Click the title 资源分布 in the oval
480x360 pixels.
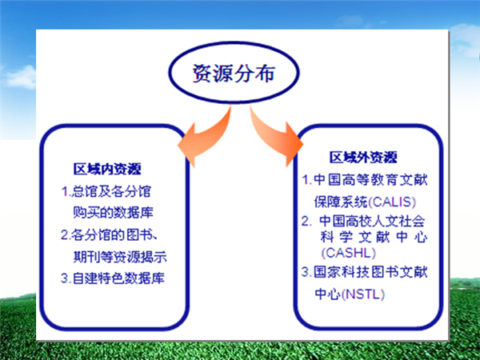(x=234, y=73)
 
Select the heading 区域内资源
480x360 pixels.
(x=107, y=169)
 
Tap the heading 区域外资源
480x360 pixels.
(x=363, y=158)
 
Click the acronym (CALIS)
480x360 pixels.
(x=392, y=202)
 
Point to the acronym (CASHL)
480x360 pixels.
(x=349, y=253)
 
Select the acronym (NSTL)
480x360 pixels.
(x=362, y=294)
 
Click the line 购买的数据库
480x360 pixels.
(x=113, y=213)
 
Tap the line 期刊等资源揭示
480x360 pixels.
(x=120, y=257)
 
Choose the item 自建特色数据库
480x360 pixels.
(x=118, y=278)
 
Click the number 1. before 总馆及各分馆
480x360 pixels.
(x=66, y=192)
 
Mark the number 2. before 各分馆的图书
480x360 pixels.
(x=66, y=235)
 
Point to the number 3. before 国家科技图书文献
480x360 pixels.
(x=306, y=272)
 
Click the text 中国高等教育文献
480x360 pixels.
(x=370, y=180)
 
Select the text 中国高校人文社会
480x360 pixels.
(x=372, y=221)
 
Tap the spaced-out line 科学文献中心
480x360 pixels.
(x=374, y=237)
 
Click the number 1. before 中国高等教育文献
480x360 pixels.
(x=307, y=180)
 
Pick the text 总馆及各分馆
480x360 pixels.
(x=111, y=192)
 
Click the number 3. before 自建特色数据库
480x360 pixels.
(x=66, y=278)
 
